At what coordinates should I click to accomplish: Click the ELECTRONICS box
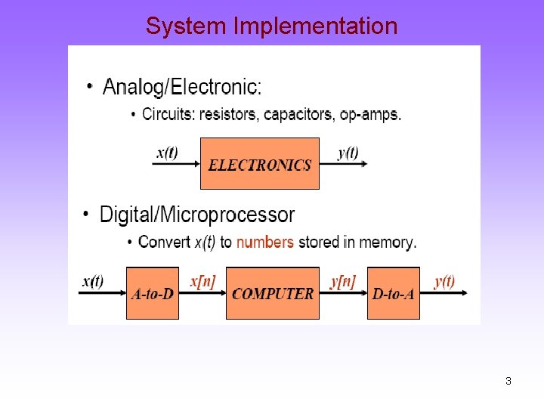coord(260,163)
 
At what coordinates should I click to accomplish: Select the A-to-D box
coord(153,293)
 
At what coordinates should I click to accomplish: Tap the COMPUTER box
coord(273,293)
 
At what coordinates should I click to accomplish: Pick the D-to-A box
coord(394,293)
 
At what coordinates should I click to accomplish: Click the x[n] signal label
coord(202,282)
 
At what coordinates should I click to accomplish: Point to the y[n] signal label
coord(342,282)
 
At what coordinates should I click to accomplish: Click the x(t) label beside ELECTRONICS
coord(168,153)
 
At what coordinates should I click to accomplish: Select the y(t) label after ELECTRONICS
coord(348,153)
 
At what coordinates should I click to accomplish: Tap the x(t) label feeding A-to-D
coord(93,282)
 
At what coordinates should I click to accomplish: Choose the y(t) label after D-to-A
coord(444,282)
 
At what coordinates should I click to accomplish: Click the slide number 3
coord(508,381)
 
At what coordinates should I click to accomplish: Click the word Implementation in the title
coord(315,26)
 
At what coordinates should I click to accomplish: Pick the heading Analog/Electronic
coord(182,88)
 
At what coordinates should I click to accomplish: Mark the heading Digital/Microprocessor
coord(197,215)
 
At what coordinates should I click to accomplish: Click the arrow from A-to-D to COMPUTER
coord(202,294)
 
